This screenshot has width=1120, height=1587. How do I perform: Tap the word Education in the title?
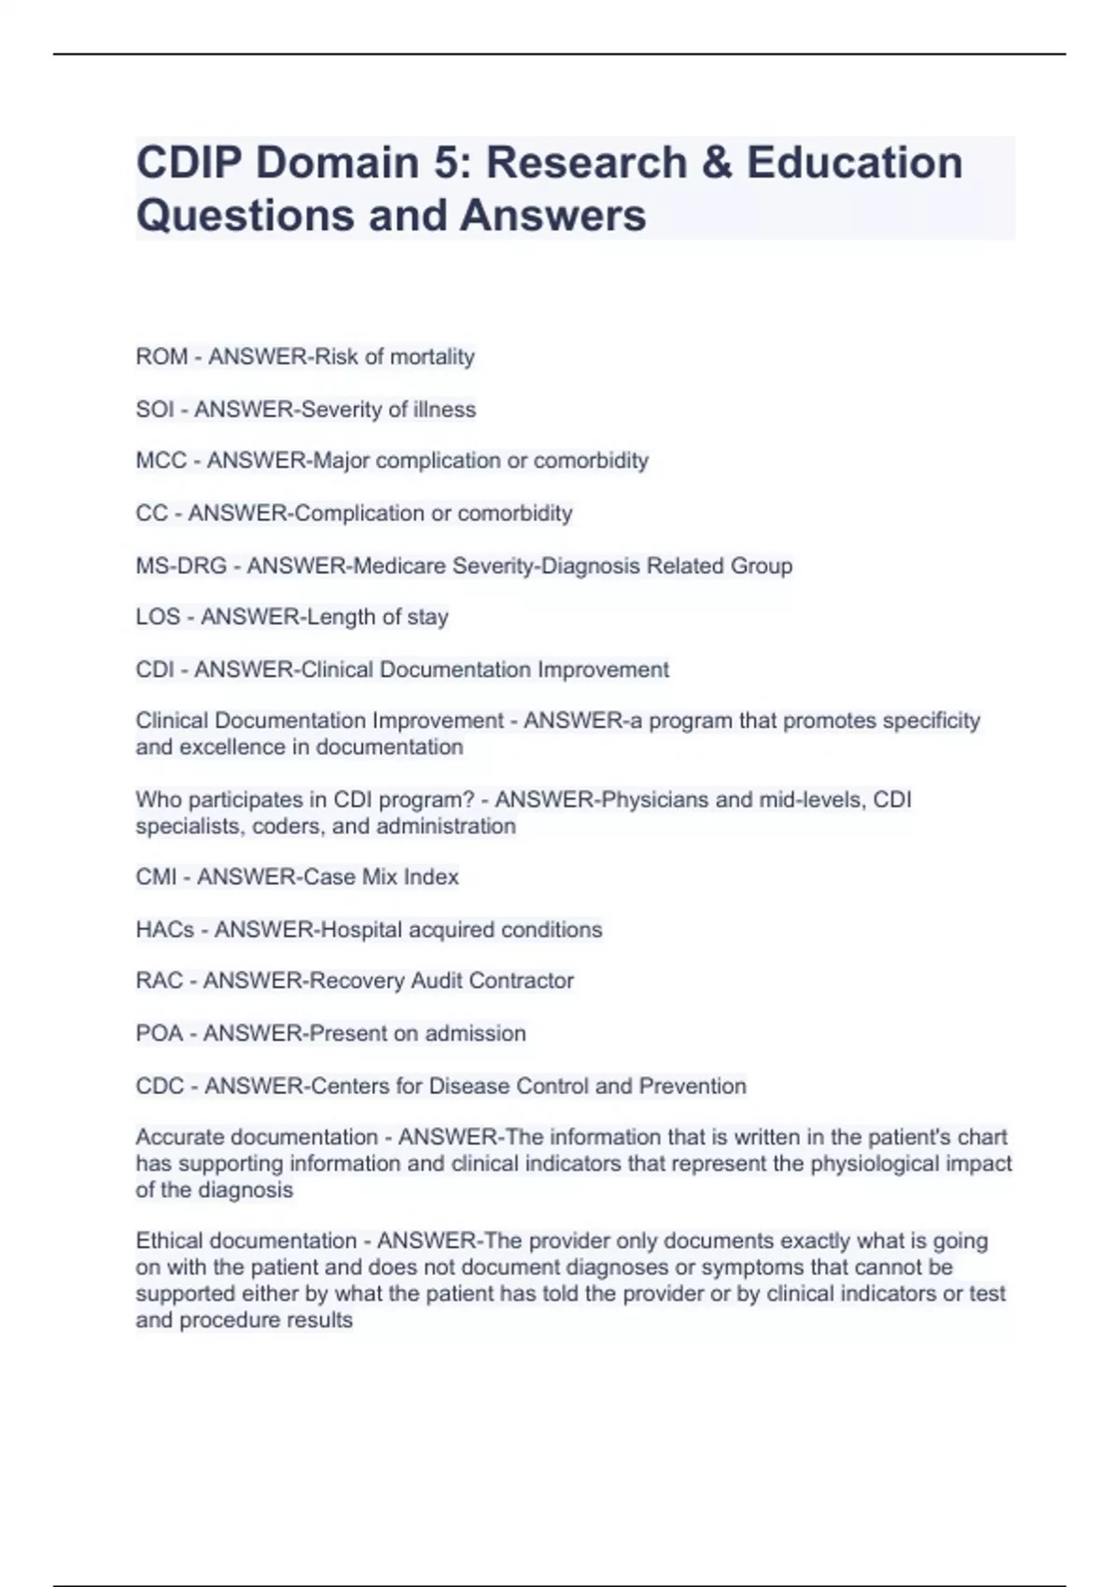(x=854, y=162)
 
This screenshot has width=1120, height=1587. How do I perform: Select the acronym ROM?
(x=161, y=357)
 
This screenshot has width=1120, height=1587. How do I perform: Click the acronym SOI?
(x=155, y=409)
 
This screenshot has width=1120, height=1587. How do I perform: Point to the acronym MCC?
(x=161, y=460)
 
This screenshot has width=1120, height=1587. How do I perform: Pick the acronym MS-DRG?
(x=181, y=566)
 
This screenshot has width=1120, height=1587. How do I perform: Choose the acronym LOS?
(x=158, y=617)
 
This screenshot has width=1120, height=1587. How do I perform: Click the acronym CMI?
(x=157, y=877)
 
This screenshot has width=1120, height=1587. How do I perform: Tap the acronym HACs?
(x=165, y=930)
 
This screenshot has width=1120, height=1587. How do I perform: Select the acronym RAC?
(x=160, y=980)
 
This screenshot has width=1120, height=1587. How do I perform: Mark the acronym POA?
(x=160, y=1033)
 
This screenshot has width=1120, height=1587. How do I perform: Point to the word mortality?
(x=432, y=357)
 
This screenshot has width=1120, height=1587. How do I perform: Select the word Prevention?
(x=693, y=1086)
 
